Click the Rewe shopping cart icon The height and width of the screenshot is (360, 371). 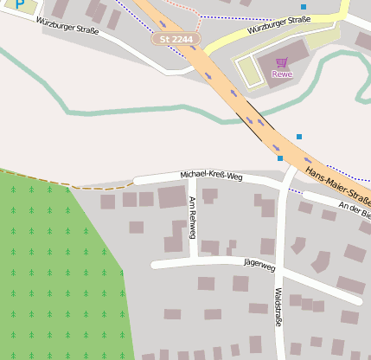[282, 61]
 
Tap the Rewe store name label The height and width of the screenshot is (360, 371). [282, 74]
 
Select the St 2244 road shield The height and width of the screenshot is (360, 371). [176, 39]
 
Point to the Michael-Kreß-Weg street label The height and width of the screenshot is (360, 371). [211, 176]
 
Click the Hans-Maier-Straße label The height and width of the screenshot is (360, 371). [338, 181]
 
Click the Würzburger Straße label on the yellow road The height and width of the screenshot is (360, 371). [278, 24]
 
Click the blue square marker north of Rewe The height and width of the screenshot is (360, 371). [303, 7]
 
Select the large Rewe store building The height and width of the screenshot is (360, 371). [285, 54]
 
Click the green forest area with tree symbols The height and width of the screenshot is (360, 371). [52, 277]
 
